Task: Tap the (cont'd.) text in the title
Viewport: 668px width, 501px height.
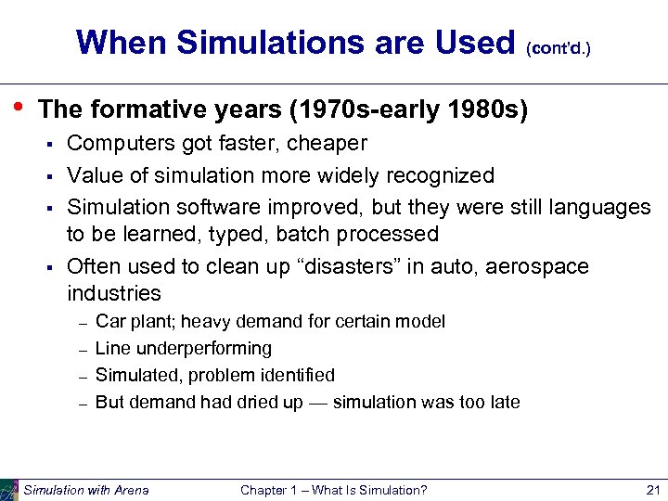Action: click(557, 46)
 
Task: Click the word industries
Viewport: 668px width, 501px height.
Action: click(114, 294)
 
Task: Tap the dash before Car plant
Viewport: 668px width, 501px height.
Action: click(82, 323)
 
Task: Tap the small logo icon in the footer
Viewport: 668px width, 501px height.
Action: click(9, 489)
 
